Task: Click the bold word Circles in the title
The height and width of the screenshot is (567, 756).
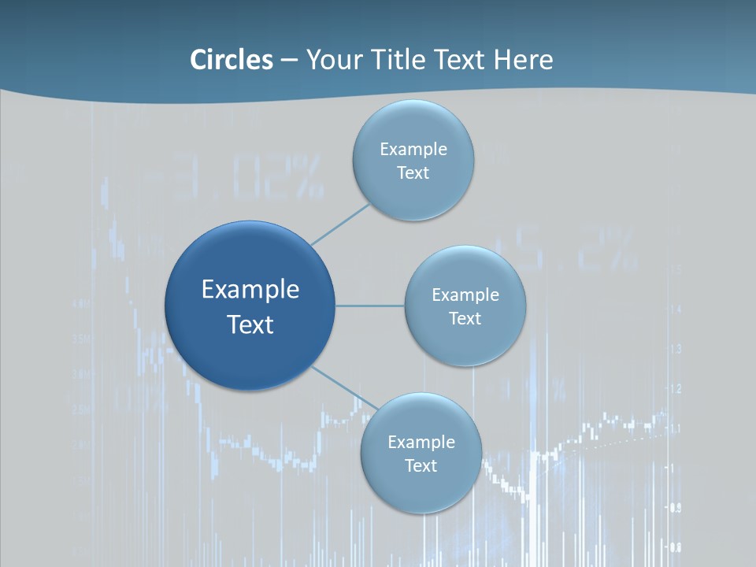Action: click(x=232, y=60)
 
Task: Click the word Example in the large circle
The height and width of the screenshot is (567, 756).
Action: click(x=250, y=290)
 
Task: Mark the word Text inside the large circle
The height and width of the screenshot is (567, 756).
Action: click(x=250, y=324)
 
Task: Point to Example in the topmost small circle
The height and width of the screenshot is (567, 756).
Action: click(x=413, y=150)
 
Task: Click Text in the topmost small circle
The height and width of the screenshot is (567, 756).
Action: click(x=413, y=173)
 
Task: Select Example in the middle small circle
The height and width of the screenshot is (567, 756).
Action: click(x=465, y=295)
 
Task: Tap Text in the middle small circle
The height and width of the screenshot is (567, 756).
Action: click(x=465, y=319)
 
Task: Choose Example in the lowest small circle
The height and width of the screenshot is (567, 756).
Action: click(x=421, y=443)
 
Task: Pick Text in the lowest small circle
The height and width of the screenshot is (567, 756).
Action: click(x=421, y=466)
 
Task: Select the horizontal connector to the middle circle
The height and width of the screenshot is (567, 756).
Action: click(x=370, y=306)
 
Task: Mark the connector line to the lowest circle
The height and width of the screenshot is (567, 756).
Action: click(x=345, y=388)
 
